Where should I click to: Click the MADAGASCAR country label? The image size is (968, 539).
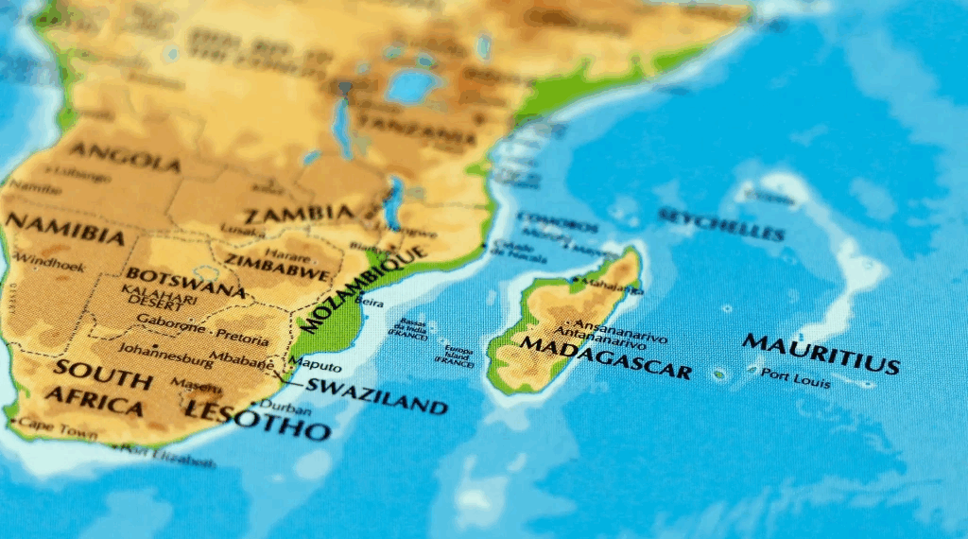605,356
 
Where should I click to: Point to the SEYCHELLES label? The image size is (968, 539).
721,224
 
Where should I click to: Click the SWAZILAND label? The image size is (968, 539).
375,396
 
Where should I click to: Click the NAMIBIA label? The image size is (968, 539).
63,228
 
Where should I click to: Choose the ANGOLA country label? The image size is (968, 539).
125,156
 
